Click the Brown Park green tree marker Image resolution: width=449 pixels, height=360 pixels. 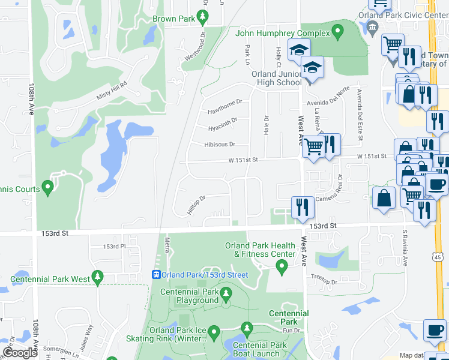pyautogui.click(x=203, y=17)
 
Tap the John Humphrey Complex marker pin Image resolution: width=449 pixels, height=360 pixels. pyautogui.click(x=338, y=31)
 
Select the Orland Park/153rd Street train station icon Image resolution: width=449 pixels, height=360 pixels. pyautogui.click(x=155, y=275)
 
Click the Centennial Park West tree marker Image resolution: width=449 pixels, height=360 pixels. pyautogui.click(x=98, y=278)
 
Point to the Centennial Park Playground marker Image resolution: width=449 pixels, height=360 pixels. pyautogui.click(x=226, y=294)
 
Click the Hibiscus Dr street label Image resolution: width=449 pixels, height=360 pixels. pyautogui.click(x=219, y=145)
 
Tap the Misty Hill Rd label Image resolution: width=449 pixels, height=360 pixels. pyautogui.click(x=112, y=91)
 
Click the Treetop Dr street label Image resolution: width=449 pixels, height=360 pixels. pyautogui.click(x=322, y=281)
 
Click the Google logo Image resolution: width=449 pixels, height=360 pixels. pyautogui.click(x=20, y=353)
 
